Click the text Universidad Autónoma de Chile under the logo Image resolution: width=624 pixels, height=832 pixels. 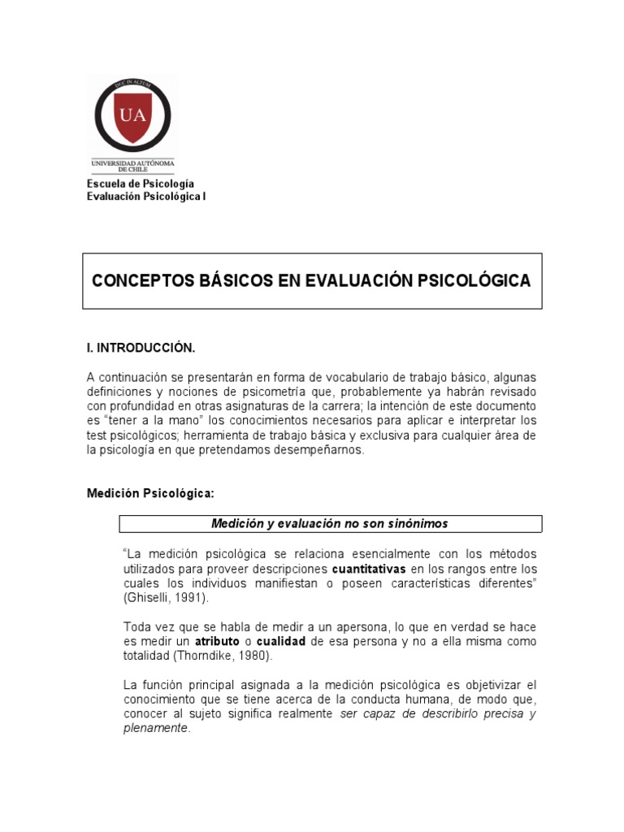[x=133, y=165]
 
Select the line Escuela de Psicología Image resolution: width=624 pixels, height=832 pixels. [x=141, y=184]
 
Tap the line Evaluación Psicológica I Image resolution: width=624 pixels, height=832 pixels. [x=146, y=197]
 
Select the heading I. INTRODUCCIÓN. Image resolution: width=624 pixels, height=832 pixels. [x=141, y=348]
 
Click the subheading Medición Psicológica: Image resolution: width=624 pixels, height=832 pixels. [x=151, y=493]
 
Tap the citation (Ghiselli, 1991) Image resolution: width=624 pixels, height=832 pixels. [x=166, y=597]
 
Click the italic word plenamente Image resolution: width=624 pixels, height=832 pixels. [x=155, y=729]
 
